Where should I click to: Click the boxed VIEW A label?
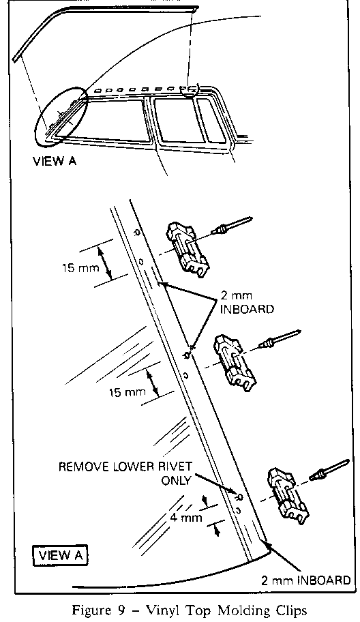click(x=60, y=555)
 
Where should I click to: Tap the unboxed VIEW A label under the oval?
click(x=55, y=162)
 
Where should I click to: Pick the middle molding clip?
click(x=235, y=363)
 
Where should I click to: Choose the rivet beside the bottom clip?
click(x=329, y=469)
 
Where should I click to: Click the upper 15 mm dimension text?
click(x=80, y=268)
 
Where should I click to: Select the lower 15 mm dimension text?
click(x=127, y=393)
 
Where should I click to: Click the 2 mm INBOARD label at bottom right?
click(x=305, y=580)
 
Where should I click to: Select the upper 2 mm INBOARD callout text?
click(x=246, y=303)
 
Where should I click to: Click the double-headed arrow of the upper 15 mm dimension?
click(x=104, y=262)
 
